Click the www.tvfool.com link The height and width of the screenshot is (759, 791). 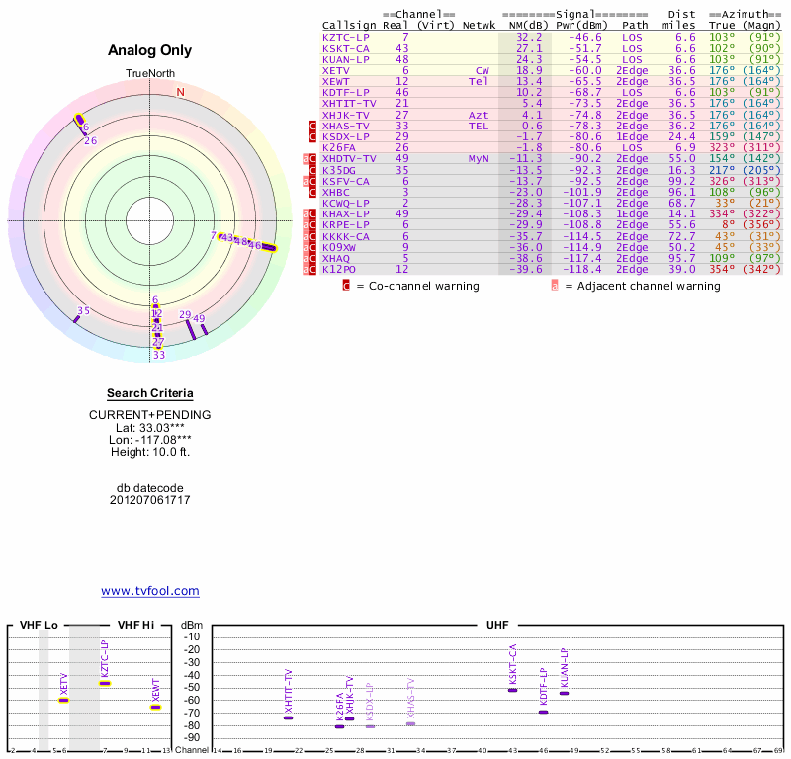(x=150, y=591)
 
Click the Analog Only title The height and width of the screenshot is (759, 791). (x=149, y=50)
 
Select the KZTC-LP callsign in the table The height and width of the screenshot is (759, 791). (x=345, y=37)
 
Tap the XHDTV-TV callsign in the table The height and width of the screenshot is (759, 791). (x=349, y=158)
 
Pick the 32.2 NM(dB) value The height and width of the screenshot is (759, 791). (x=529, y=37)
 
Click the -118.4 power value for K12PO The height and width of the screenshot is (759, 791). (x=580, y=269)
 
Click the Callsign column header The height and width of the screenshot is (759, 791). (x=348, y=25)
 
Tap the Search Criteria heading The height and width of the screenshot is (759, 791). (x=149, y=393)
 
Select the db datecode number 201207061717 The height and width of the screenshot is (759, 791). (x=150, y=500)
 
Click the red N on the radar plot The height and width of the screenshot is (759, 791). (x=180, y=92)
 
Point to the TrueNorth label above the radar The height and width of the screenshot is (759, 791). (x=149, y=74)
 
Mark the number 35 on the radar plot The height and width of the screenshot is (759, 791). (x=84, y=310)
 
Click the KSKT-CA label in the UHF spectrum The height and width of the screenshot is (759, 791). (x=512, y=664)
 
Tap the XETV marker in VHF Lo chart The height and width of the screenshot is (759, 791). (x=63, y=700)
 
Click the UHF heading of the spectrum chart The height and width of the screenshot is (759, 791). (x=497, y=625)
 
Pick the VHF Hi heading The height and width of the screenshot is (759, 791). (x=135, y=625)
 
